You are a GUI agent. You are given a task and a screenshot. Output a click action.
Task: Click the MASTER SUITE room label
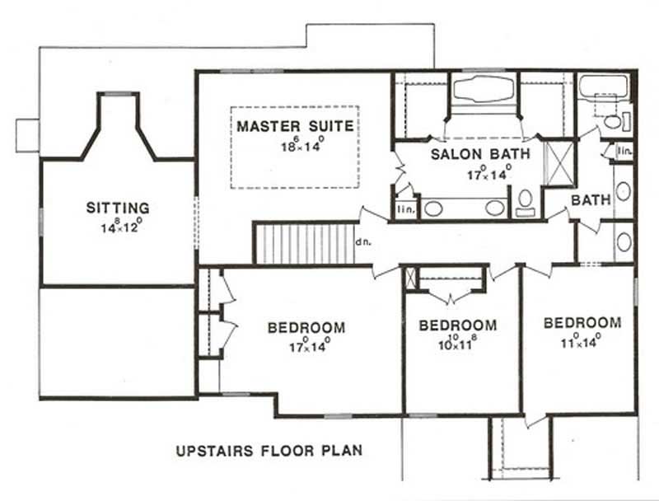coord(295,127)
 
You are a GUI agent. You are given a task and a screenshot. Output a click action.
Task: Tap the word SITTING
coord(118,208)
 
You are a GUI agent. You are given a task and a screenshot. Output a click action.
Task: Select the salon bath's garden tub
coord(483,89)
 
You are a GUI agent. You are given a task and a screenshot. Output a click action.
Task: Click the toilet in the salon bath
coord(525,200)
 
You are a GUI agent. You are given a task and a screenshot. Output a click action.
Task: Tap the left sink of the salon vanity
coord(434,208)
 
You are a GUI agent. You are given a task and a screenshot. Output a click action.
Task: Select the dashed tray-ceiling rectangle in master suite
coord(295,147)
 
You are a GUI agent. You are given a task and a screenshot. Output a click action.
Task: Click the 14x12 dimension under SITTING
coord(120,225)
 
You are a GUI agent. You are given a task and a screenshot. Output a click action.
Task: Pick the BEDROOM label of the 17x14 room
coord(306,327)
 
